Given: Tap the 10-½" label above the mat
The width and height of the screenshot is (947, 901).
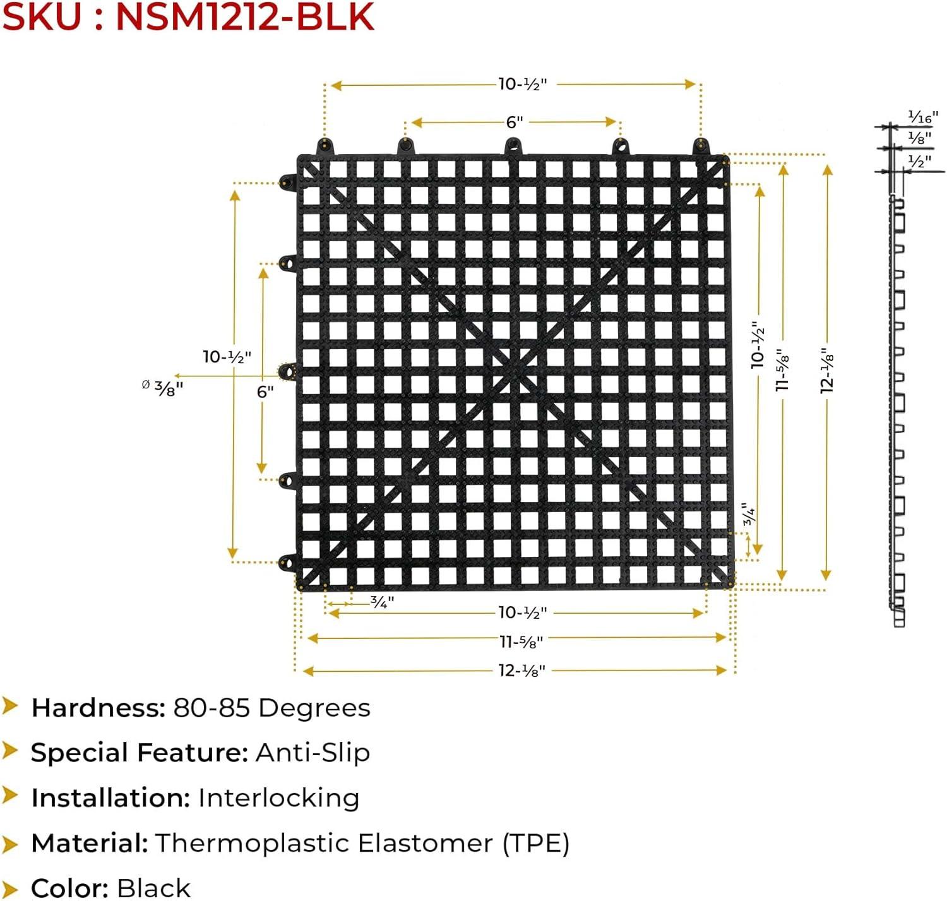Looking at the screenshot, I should pyautogui.click(x=522, y=84).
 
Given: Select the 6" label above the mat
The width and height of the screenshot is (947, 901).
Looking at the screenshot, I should pyautogui.click(x=515, y=122).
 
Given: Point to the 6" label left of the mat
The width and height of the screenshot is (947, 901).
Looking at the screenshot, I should pyautogui.click(x=265, y=391).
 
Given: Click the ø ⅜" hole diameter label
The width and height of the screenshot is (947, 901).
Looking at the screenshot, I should pyautogui.click(x=163, y=387).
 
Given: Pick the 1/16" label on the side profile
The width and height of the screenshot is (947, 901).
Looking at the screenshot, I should pyautogui.click(x=922, y=117).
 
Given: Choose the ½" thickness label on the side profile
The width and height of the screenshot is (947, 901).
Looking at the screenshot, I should pyautogui.click(x=919, y=162).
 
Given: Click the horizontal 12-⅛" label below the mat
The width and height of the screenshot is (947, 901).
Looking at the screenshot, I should pyautogui.click(x=521, y=671).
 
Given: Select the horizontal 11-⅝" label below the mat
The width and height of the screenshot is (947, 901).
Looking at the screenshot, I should pyautogui.click(x=521, y=641).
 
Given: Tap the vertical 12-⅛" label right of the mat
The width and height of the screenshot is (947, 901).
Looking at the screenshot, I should pyautogui.click(x=828, y=370).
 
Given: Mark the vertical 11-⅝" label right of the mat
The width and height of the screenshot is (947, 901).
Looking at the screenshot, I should pyautogui.click(x=783, y=370).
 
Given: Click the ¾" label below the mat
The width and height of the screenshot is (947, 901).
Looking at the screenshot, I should pyautogui.click(x=382, y=602).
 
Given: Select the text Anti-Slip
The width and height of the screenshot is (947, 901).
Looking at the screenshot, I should pyautogui.click(x=313, y=753).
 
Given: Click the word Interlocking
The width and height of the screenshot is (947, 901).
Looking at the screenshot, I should pyautogui.click(x=278, y=798).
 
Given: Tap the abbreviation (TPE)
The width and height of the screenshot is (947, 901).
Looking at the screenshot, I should pyautogui.click(x=536, y=844).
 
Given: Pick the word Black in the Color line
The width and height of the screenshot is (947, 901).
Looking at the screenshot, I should pyautogui.click(x=153, y=888).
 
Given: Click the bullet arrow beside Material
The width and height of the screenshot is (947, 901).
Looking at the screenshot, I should pyautogui.click(x=10, y=844).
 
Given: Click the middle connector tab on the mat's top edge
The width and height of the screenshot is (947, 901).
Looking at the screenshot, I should pyautogui.click(x=513, y=147).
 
